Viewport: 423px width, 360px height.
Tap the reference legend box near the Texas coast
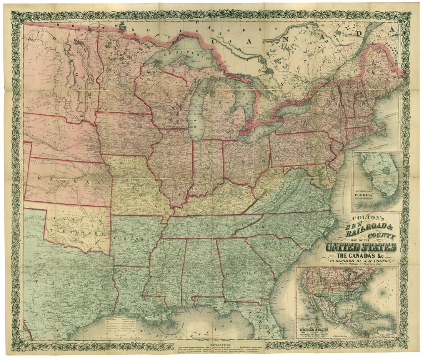123,325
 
